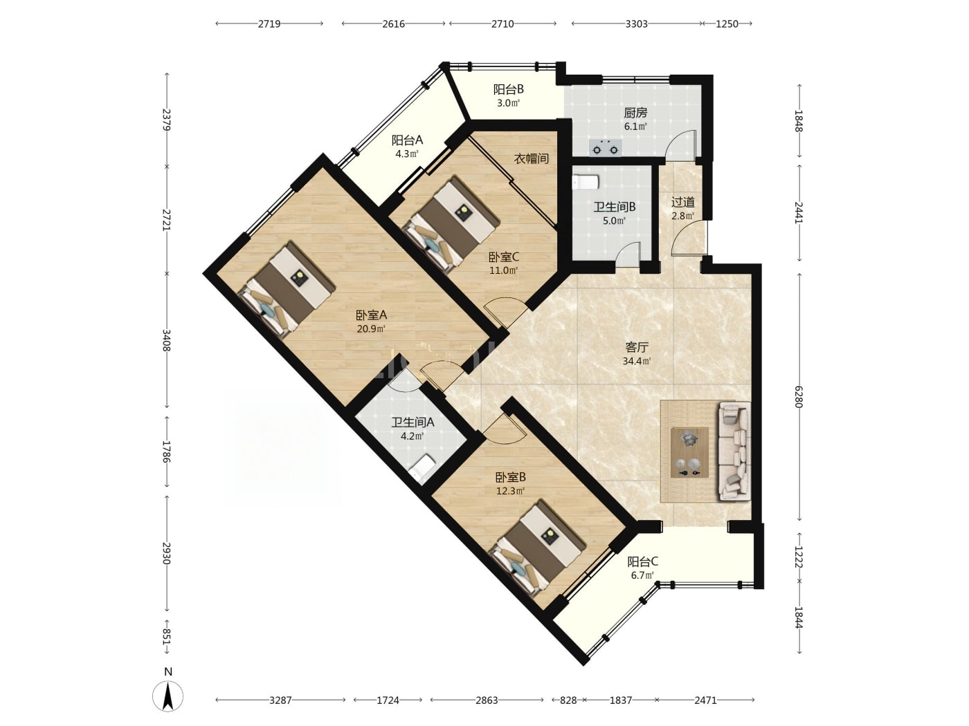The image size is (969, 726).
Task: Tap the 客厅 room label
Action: click(637, 348)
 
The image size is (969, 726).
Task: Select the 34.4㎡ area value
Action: click(637, 362)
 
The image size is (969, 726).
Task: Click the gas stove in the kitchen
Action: click(605, 147)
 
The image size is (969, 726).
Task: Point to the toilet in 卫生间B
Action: click(586, 182)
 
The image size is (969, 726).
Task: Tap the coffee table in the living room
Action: click(689, 452)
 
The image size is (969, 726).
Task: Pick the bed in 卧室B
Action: click(538, 548)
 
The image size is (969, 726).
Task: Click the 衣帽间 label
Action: click(532, 159)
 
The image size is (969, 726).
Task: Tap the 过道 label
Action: click(683, 203)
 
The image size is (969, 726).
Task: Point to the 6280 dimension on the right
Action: click(798, 397)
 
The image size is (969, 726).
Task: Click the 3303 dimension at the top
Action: click(636, 24)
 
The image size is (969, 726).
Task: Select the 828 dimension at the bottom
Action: click(569, 700)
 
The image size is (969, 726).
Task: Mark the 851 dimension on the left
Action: click(167, 637)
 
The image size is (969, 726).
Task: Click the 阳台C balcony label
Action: click(643, 561)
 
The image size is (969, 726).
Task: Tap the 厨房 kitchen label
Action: click(635, 113)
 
